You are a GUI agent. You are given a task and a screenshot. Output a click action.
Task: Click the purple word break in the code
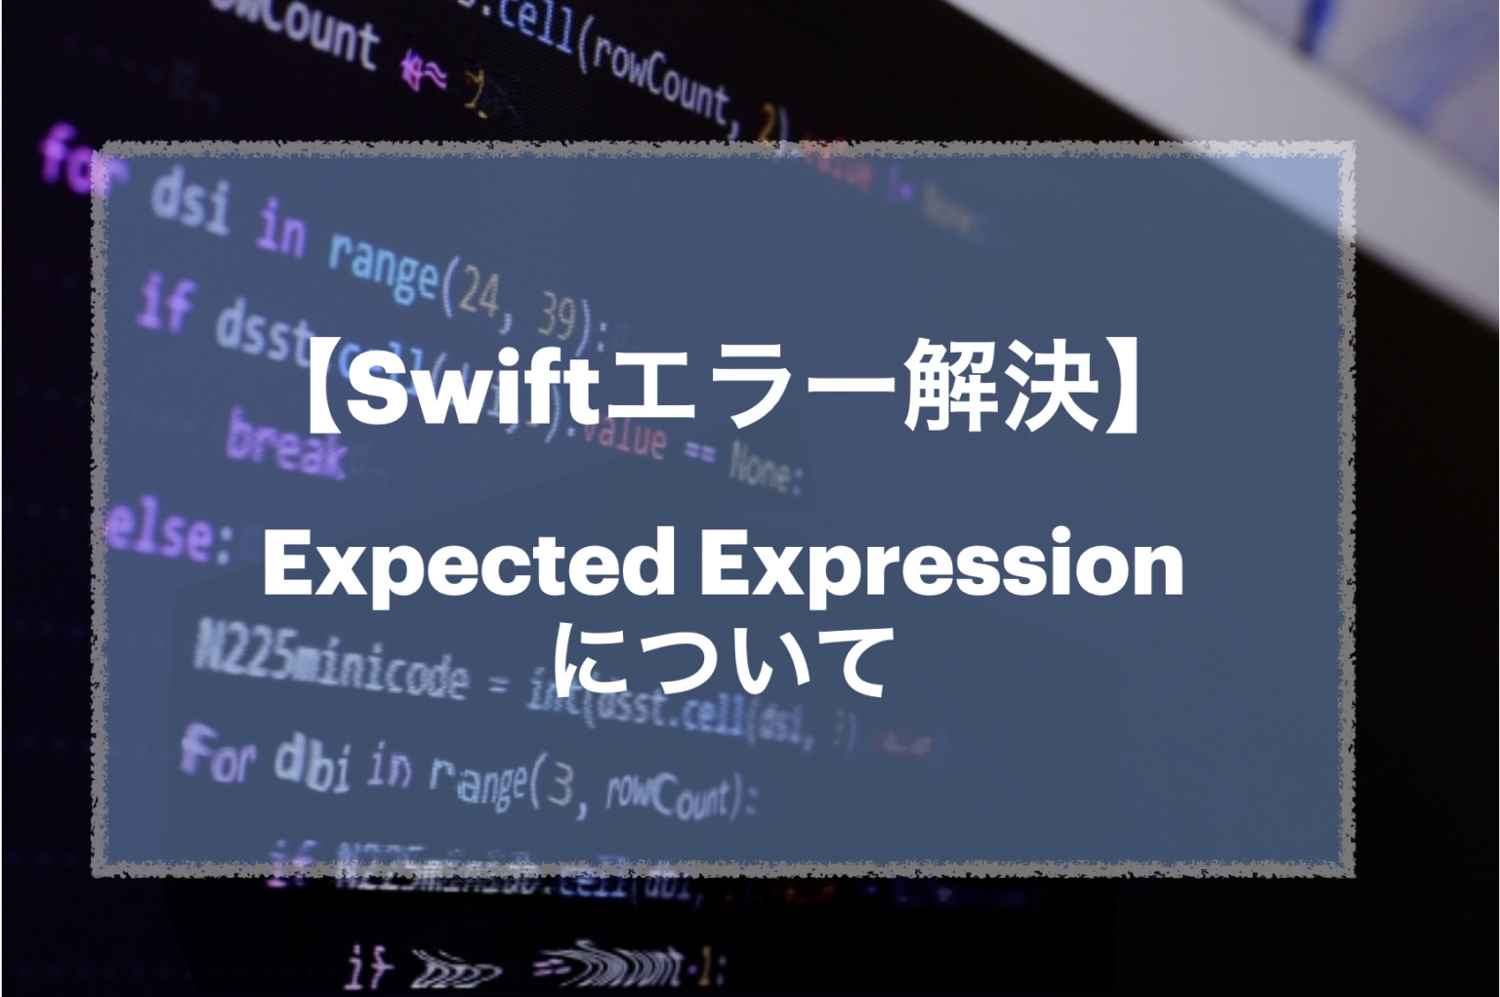point(286,446)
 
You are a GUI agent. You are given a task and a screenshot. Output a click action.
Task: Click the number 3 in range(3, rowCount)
point(560,787)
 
